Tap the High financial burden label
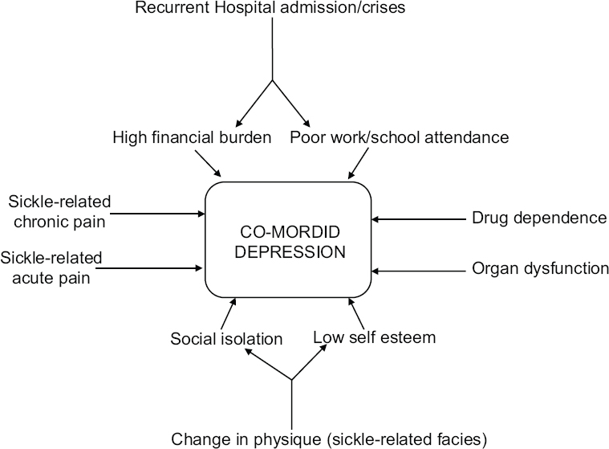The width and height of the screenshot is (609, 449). pos(193,137)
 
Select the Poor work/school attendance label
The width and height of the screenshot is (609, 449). pos(399,137)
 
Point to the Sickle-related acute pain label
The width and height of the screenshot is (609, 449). pos(51,268)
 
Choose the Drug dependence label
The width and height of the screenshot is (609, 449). pos(538,218)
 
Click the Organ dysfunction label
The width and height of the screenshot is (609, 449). pos(540,269)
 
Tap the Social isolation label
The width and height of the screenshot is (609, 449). pos(226,339)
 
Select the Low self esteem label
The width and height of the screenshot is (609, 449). pos(374,337)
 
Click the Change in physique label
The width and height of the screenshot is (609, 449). pos(330,439)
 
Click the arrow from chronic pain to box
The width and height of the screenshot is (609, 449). pos(158,213)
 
